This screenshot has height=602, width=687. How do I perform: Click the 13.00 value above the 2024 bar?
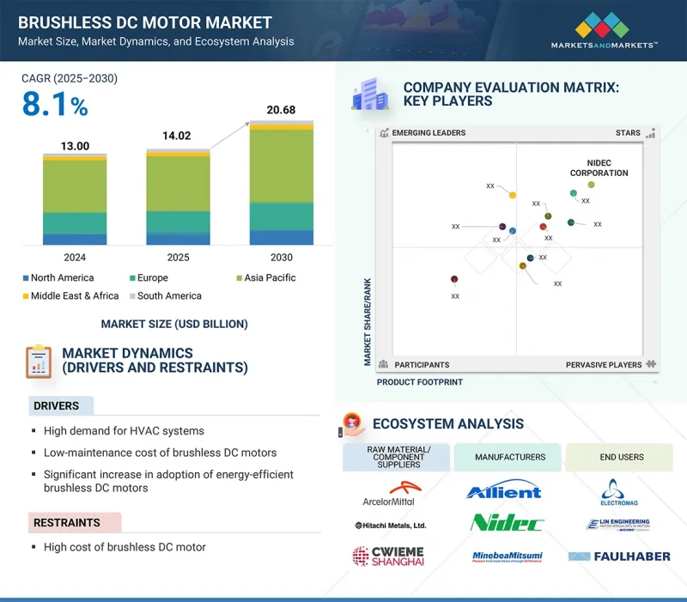pos(75,146)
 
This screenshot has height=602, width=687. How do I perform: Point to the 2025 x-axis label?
pos(178,257)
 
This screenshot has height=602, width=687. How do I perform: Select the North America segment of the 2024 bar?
pos(75,239)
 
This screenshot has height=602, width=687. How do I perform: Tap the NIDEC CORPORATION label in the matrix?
pos(599,167)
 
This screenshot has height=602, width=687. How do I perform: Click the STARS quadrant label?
pos(628,133)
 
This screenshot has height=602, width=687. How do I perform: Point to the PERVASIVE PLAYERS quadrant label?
pos(604,365)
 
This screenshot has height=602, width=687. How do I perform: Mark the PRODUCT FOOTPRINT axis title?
pos(419,382)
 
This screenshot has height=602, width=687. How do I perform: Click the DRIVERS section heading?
pos(56,405)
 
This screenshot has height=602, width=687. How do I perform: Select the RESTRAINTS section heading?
pos(68,522)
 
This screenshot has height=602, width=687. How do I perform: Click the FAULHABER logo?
pos(619,556)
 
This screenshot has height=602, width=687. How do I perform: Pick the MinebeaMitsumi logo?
pos(508,556)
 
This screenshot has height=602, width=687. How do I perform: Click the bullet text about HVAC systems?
pos(124,431)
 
